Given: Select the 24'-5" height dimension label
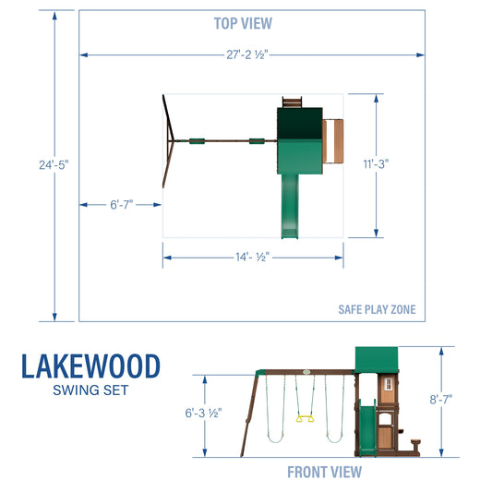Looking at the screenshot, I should (x=54, y=163).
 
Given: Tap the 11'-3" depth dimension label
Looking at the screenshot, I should (x=376, y=163).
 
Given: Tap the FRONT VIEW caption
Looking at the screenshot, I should (x=324, y=473).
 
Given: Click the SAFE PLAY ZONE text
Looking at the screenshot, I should (x=377, y=309).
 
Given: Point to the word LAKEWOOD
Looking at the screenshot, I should (x=90, y=366).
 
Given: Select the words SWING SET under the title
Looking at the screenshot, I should (x=90, y=390).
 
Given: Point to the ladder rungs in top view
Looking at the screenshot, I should (x=291, y=101).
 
